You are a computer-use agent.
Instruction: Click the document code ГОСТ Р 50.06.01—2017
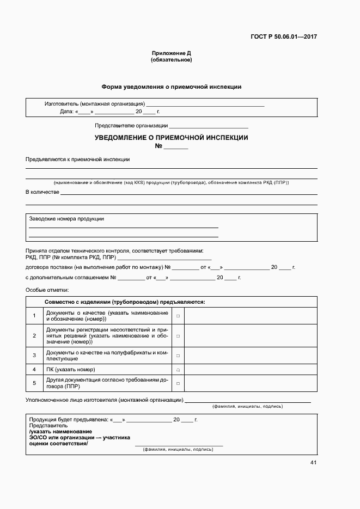[x=284, y=37]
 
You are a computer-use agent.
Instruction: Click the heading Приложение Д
[x=171, y=53]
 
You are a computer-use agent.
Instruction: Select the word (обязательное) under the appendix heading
[x=171, y=60]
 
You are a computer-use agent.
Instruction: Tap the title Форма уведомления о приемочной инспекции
[x=171, y=87]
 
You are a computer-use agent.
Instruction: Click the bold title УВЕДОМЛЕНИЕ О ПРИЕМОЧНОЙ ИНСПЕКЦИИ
[x=171, y=138]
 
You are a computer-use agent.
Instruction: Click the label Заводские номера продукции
[x=66, y=219]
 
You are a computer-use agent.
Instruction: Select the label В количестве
[x=42, y=192]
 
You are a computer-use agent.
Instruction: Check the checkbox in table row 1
[x=178, y=316]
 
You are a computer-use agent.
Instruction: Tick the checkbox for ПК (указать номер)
[x=178, y=370]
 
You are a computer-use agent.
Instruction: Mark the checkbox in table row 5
[x=178, y=384]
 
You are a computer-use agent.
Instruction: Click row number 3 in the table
[x=34, y=355]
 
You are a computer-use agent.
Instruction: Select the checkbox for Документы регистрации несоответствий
[x=178, y=336]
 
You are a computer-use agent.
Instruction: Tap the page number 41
[x=313, y=463]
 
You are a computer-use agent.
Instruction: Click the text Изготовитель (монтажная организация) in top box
[x=94, y=103]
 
